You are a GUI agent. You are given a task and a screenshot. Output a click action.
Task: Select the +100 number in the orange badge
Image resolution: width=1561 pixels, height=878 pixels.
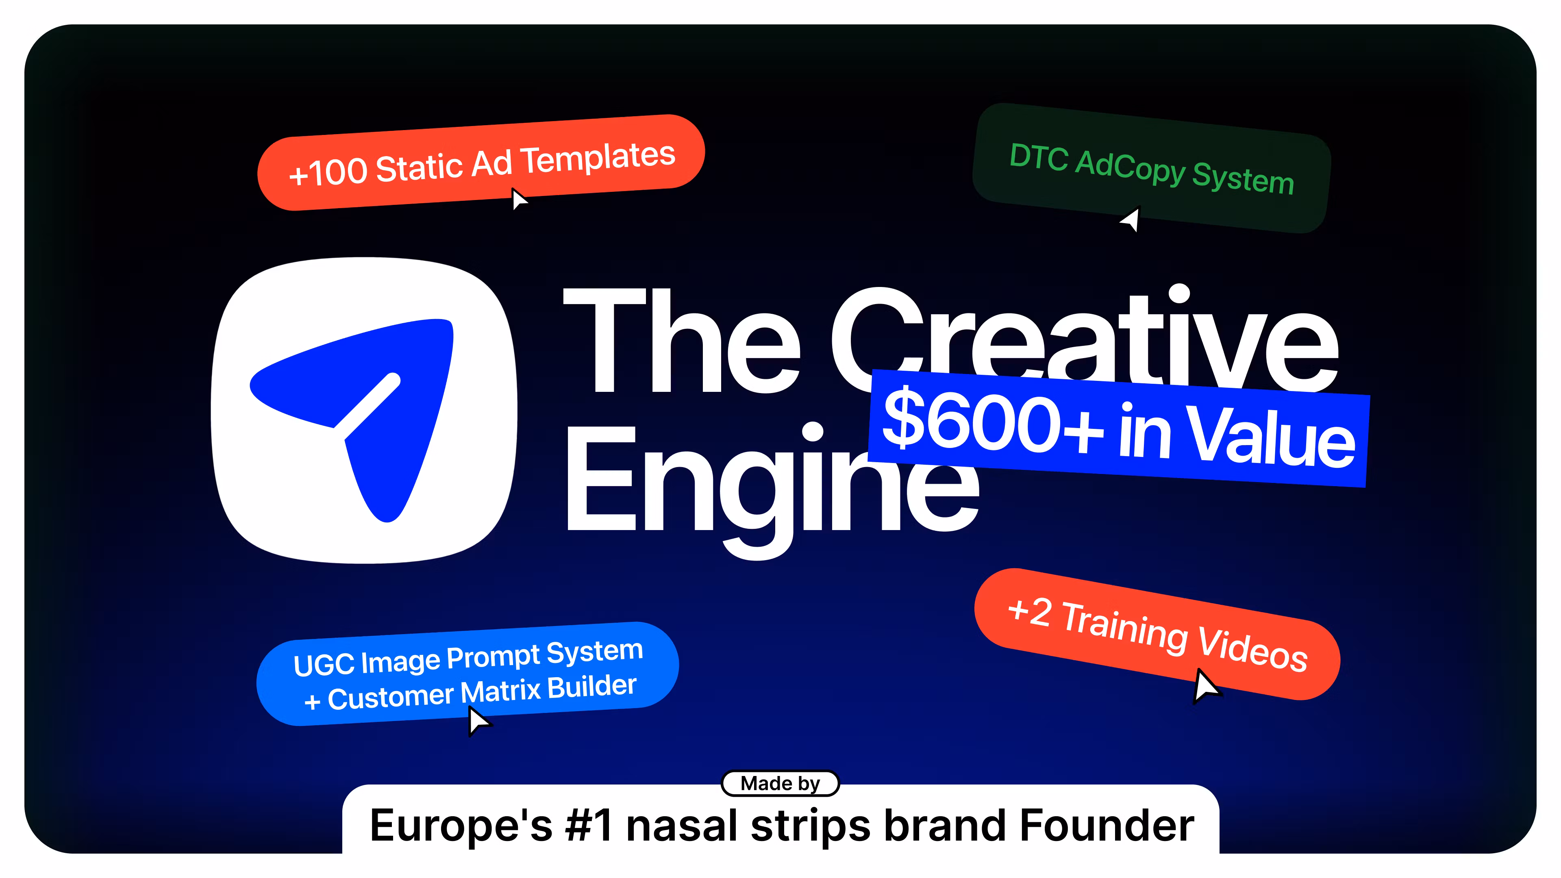328,172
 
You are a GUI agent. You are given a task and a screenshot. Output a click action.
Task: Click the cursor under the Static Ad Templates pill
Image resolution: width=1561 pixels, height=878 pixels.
519,199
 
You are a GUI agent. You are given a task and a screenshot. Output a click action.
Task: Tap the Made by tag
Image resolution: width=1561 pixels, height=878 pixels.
780,783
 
